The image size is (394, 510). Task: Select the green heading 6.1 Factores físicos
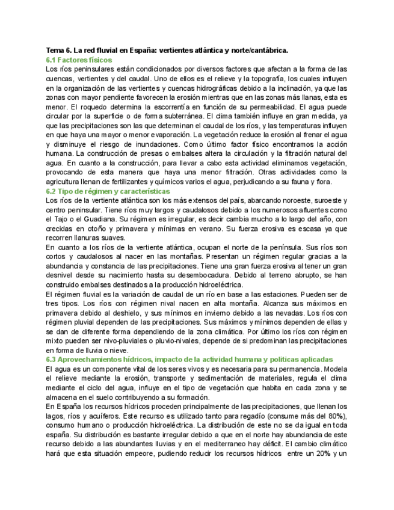pyautogui.click(x=79, y=60)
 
